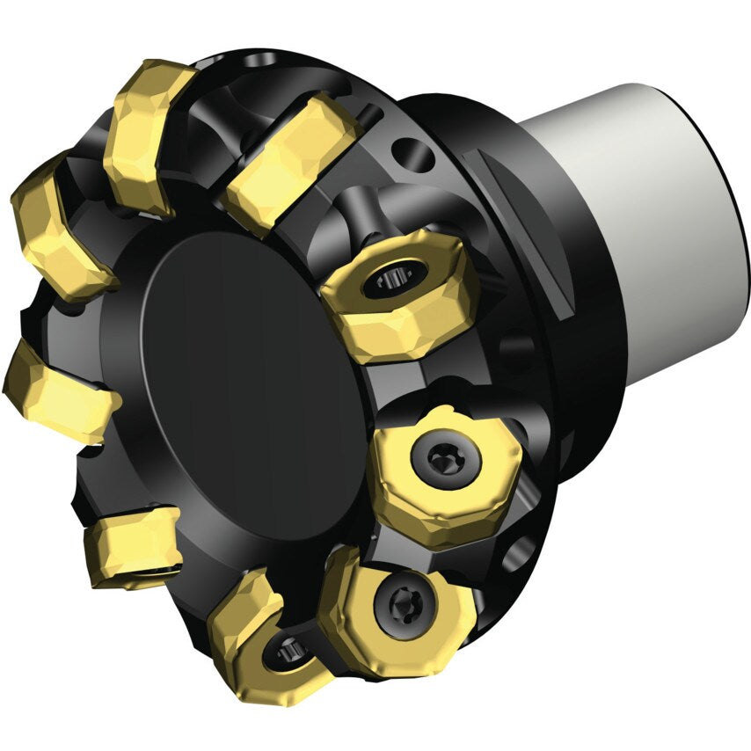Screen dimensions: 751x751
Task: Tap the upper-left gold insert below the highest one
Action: coord(57,229)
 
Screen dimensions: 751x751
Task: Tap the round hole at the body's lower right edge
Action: coord(519,553)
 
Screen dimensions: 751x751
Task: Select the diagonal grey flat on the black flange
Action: coord(519,229)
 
